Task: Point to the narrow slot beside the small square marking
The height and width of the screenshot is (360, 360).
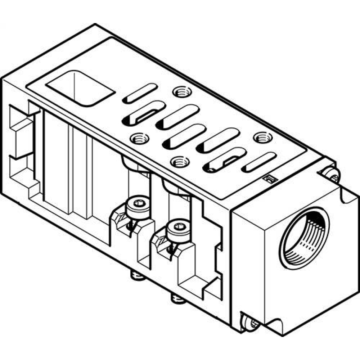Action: pyautogui.click(x=258, y=162)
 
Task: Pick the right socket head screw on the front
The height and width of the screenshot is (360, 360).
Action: pyautogui.click(x=177, y=227)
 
